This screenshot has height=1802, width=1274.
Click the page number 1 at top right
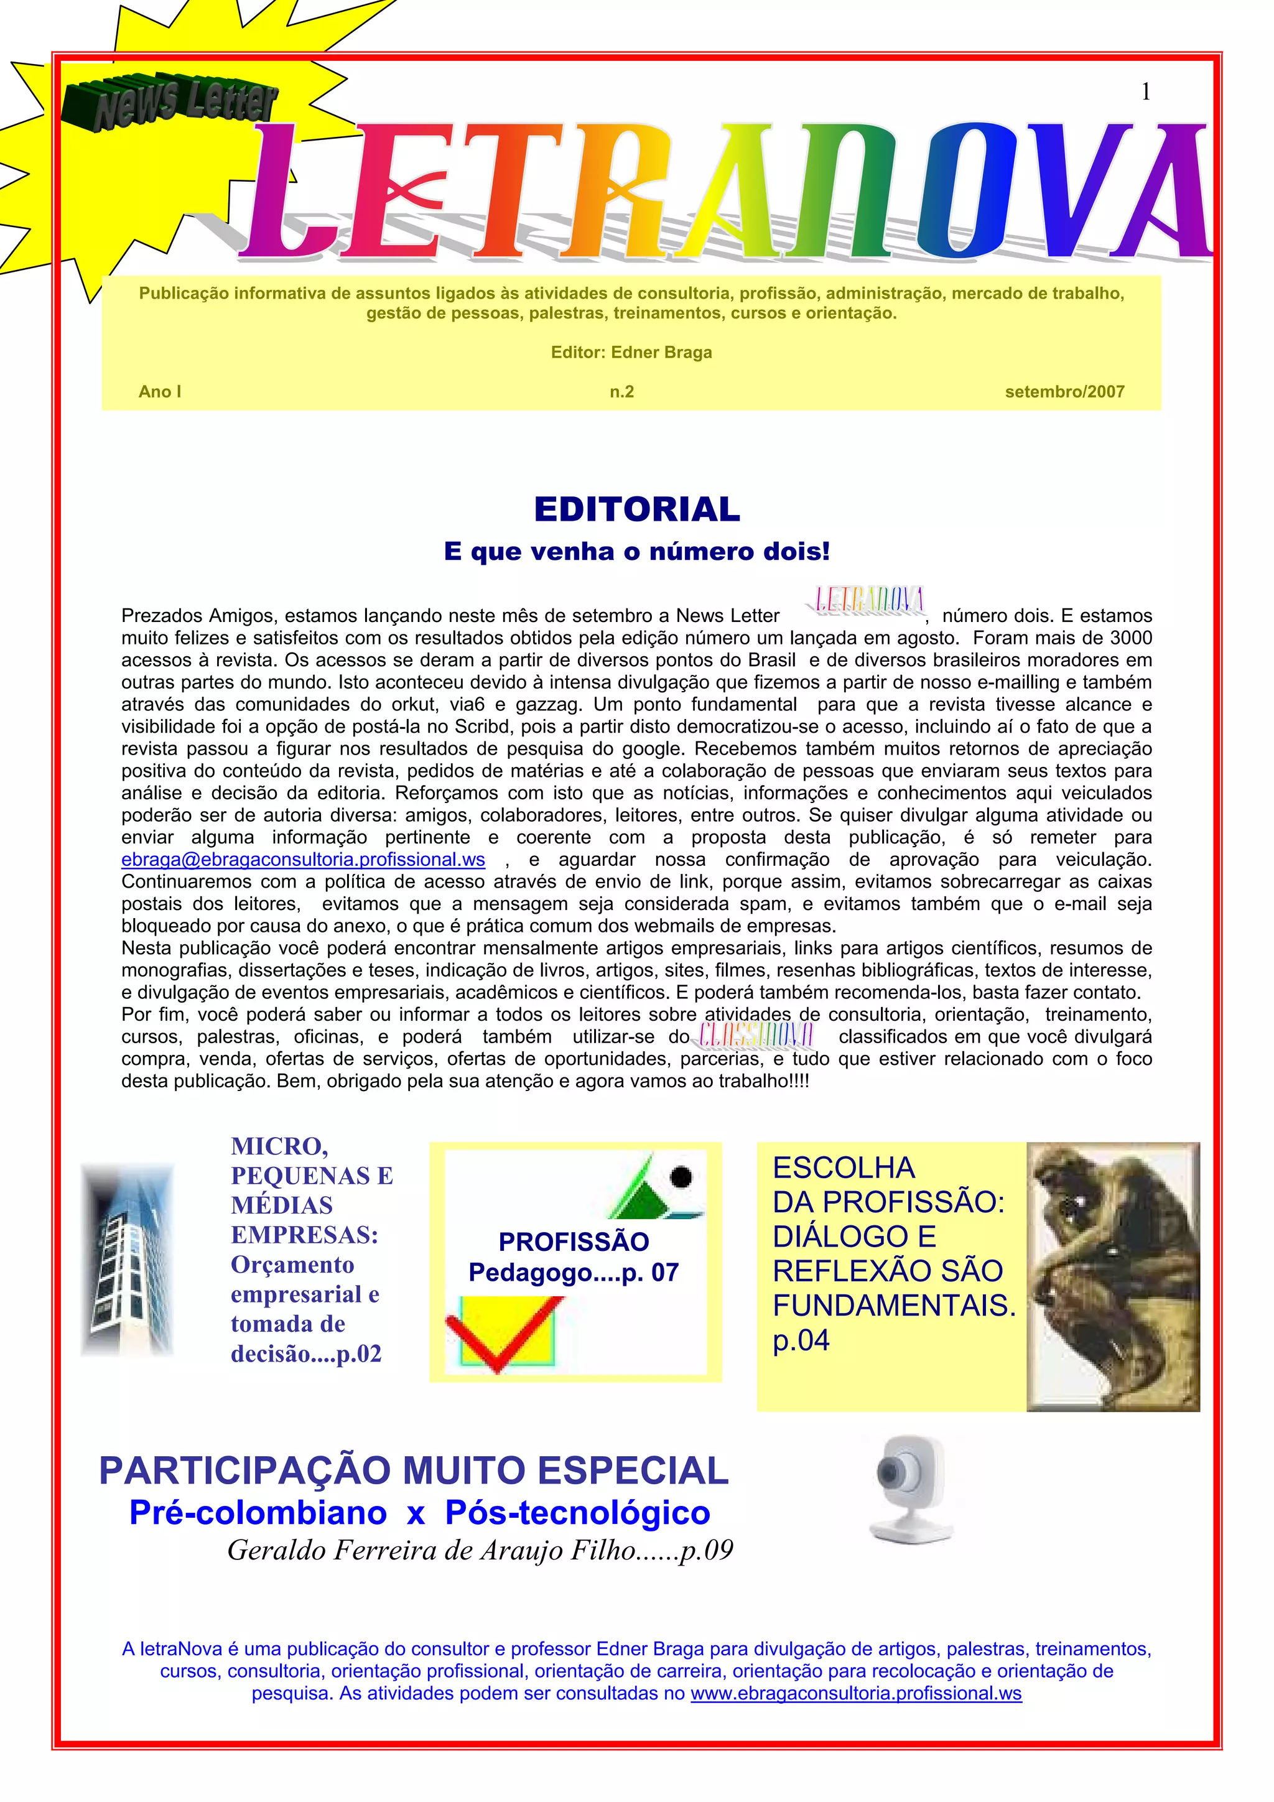tap(1145, 93)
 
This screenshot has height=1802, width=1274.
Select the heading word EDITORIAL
tap(636, 509)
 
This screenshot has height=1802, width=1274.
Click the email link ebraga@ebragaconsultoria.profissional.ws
tap(303, 860)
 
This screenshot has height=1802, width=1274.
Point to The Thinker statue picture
tap(1113, 1276)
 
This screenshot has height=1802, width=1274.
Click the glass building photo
tap(127, 1261)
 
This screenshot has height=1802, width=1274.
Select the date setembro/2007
tap(1064, 392)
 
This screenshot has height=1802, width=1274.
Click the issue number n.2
tap(621, 392)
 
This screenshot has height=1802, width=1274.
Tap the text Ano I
tap(160, 392)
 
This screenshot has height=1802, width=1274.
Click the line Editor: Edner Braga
tap(631, 353)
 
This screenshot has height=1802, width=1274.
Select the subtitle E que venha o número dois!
tap(636, 551)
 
